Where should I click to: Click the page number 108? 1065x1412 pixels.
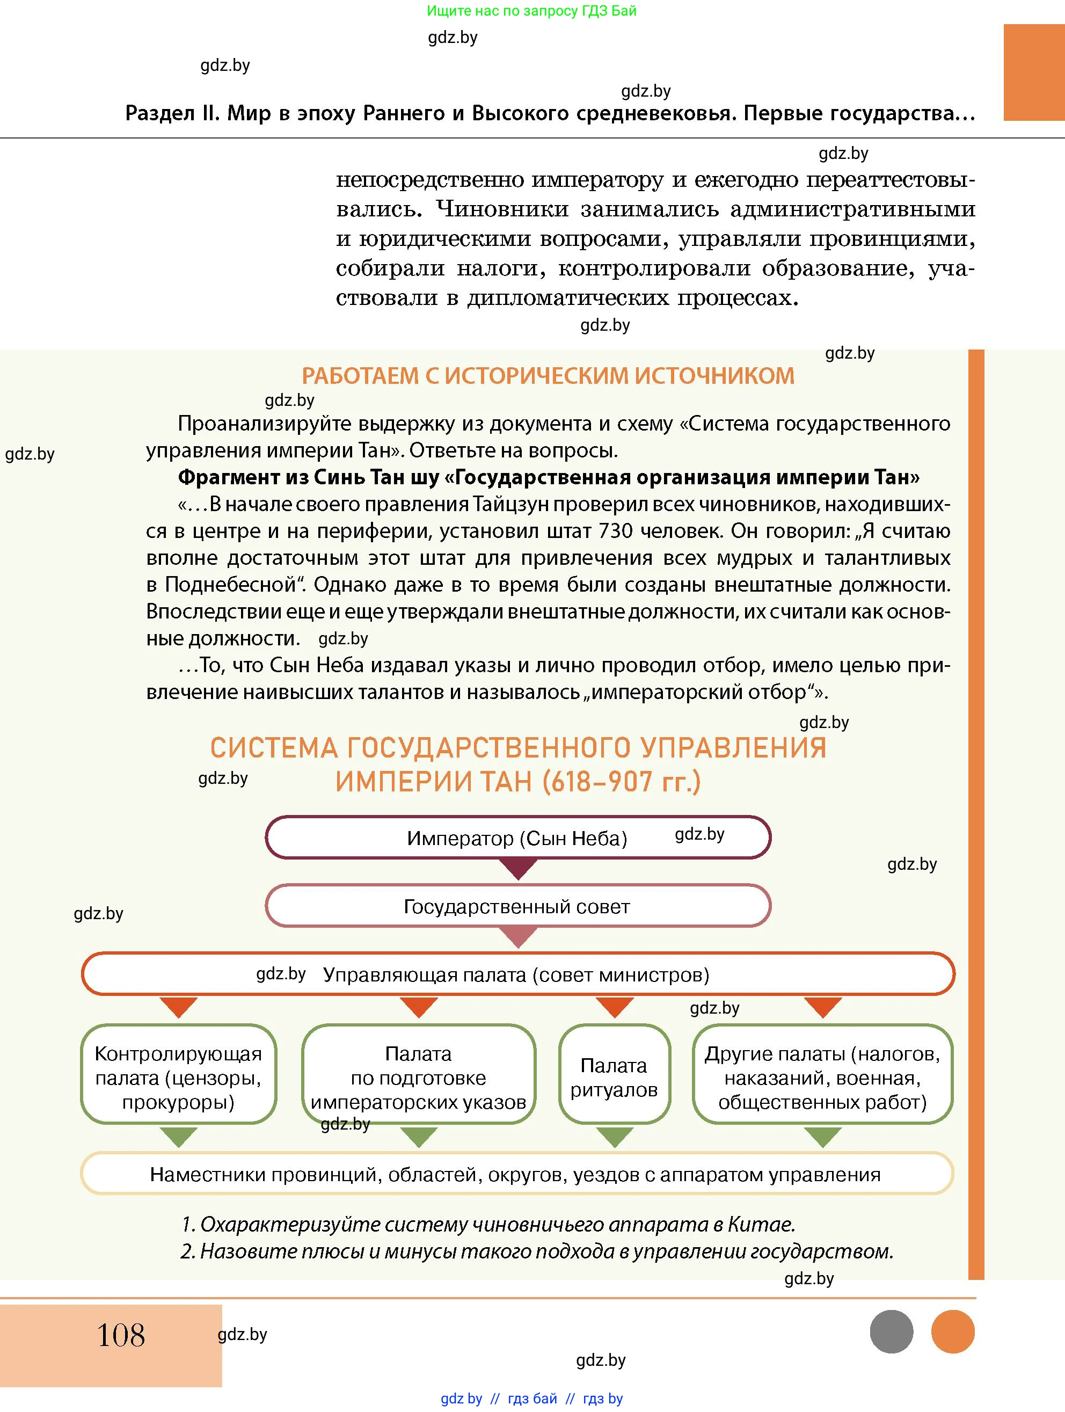click(x=121, y=1335)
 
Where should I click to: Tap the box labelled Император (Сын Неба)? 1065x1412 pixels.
click(x=517, y=838)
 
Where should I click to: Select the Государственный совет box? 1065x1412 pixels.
click(x=517, y=906)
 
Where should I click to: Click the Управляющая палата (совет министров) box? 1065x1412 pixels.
click(x=517, y=974)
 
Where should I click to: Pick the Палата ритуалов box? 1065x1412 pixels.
click(x=614, y=1077)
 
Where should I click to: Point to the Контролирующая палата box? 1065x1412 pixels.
click(x=178, y=1077)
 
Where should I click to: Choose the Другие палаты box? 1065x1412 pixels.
click(x=822, y=1077)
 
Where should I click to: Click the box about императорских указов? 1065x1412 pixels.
click(x=419, y=1077)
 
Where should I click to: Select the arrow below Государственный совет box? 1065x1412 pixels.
click(x=518, y=936)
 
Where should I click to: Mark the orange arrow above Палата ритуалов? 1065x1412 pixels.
click(x=615, y=1007)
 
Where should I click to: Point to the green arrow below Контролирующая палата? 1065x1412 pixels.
click(x=179, y=1136)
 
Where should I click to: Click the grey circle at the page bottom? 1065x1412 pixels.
click(x=892, y=1331)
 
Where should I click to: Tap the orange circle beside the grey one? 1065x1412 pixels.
click(x=953, y=1331)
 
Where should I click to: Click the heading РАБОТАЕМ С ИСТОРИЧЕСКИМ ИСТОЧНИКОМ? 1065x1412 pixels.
click(x=548, y=376)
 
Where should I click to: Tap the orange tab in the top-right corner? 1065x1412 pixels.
click(x=1034, y=72)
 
